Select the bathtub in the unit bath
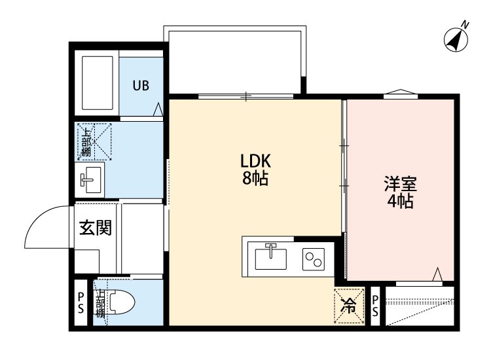[98, 84]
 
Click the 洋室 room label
[401, 185]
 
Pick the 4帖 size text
[400, 202]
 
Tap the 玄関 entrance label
[96, 228]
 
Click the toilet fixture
[121, 304]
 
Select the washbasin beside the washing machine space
[90, 177]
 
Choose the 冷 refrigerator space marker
[349, 306]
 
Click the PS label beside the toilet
[81, 304]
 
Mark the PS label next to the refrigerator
[376, 306]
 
